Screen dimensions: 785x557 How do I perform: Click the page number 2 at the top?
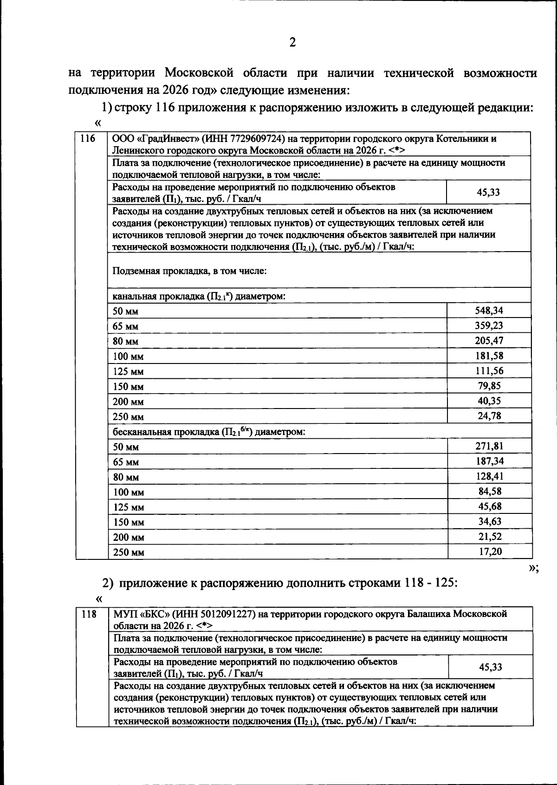pos(292,43)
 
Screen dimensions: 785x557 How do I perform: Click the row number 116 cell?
pos(88,139)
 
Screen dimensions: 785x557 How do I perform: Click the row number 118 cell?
pos(89,614)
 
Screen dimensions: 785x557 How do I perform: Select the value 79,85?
pos(489,386)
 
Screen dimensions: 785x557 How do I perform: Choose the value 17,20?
pos(490,551)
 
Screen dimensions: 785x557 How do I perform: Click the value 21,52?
pos(490,537)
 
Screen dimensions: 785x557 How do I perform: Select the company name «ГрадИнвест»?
pos(158,139)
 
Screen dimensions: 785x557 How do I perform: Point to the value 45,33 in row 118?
pos(490,667)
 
